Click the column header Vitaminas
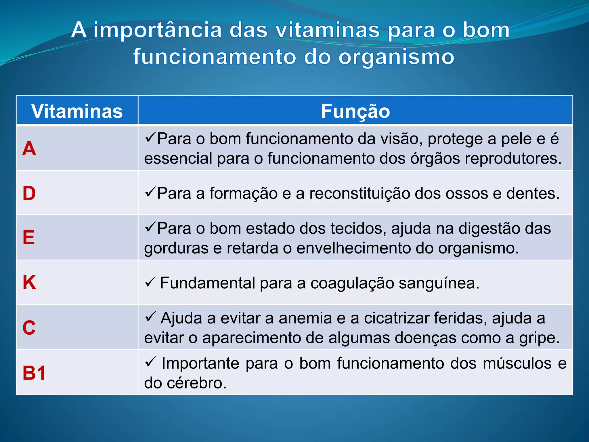[x=77, y=111]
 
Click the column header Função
[x=355, y=111]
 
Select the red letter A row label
[x=29, y=149]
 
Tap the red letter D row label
[x=29, y=193]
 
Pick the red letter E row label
[x=29, y=238]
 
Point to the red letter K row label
[x=29, y=282]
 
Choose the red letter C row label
[x=29, y=327]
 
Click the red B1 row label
[x=34, y=373]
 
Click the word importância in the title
[x=158, y=30]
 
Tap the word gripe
[x=539, y=338]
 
